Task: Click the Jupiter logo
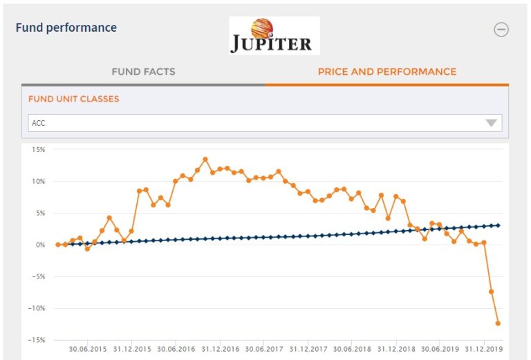(x=274, y=36)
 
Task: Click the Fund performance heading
(x=66, y=28)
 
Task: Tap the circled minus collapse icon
(x=501, y=29)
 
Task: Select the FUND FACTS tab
(x=143, y=71)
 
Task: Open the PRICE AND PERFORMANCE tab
(x=386, y=71)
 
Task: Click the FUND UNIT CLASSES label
(x=73, y=99)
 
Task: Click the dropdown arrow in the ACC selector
(x=491, y=123)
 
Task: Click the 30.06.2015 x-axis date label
(x=88, y=350)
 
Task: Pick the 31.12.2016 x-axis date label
(x=220, y=350)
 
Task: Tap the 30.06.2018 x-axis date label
(x=352, y=350)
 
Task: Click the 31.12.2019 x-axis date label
(x=484, y=350)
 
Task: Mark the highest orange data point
(x=205, y=159)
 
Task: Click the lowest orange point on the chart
(x=498, y=323)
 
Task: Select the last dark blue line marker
(x=498, y=225)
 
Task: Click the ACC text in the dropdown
(x=39, y=123)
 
